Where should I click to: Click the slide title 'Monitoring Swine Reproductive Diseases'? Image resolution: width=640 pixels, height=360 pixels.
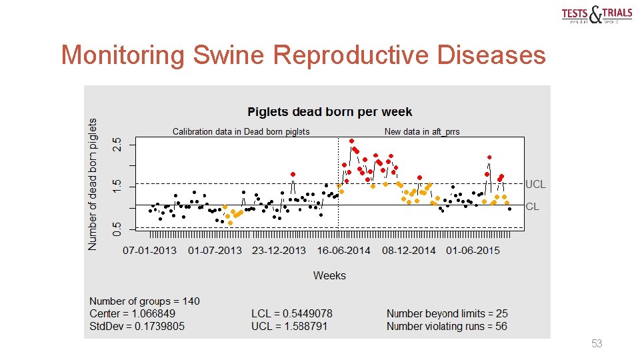303,55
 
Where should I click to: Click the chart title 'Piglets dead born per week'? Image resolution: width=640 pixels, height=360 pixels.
329,112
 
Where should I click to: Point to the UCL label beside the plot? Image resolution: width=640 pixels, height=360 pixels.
535,184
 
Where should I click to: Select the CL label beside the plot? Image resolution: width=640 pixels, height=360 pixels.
532,207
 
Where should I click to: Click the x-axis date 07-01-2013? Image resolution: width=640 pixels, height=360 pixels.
151,251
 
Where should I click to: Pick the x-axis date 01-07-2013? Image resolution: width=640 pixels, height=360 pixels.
215,251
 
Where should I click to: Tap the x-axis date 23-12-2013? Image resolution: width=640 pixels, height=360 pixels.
279,251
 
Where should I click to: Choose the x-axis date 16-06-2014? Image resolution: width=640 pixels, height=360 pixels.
343,251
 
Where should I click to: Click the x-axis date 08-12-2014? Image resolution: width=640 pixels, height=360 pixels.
408,251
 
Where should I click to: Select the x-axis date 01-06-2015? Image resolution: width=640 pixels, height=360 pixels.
472,251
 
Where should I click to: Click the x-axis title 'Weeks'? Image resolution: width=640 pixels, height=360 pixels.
329,275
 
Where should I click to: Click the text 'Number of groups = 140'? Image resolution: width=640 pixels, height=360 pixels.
145,301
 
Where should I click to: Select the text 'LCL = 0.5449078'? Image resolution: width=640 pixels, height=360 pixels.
291,313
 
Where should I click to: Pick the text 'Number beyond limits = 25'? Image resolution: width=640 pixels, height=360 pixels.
447,313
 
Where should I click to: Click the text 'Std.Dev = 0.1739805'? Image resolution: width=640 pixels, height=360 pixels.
137,326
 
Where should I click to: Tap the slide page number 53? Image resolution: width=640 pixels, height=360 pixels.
597,344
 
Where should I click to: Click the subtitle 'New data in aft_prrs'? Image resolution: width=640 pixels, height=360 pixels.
422,131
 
